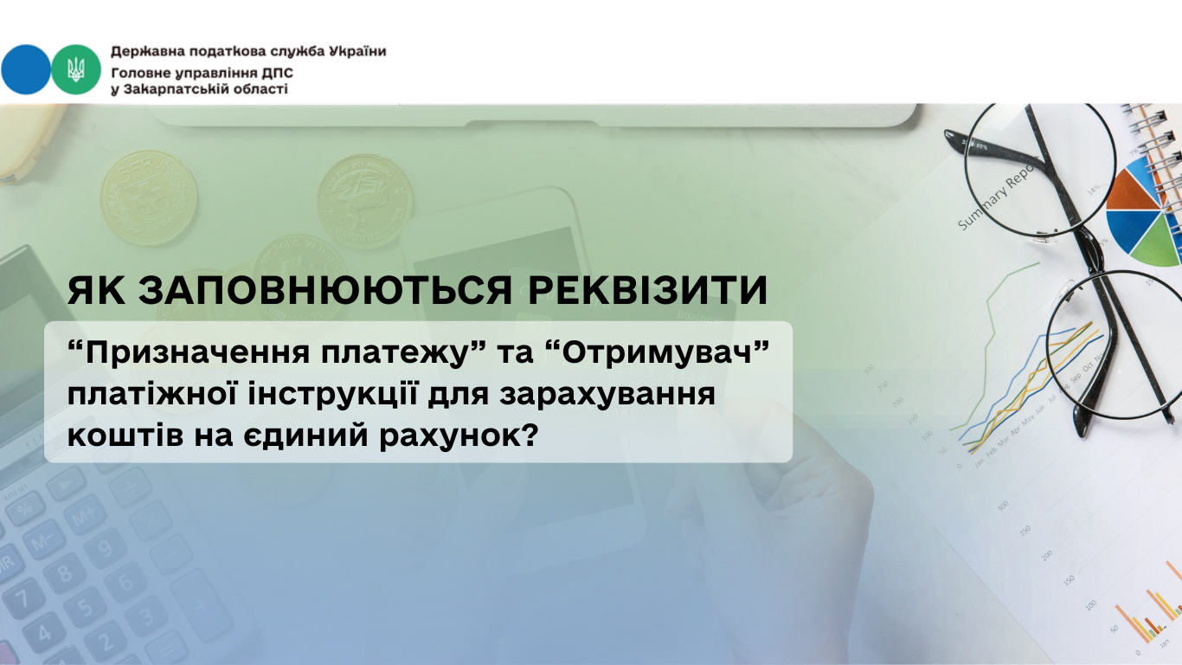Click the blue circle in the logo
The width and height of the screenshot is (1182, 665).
pos(26,70)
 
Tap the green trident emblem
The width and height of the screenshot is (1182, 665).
pos(76,70)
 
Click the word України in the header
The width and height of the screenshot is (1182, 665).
pos(357,51)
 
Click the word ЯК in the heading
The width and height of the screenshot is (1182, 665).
pos(97,290)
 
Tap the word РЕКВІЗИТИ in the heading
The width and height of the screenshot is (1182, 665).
pos(647,290)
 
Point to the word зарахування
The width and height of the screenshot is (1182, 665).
pos(607,396)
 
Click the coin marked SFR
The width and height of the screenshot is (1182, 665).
pos(149,198)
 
